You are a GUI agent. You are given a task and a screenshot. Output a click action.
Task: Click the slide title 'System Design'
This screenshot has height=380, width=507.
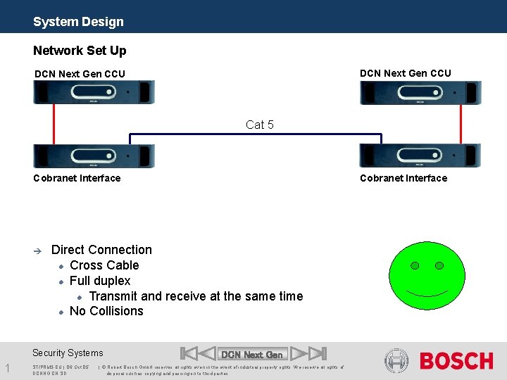tap(78, 22)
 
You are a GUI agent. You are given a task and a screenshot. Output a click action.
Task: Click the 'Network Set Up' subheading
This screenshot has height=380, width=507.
tap(80, 51)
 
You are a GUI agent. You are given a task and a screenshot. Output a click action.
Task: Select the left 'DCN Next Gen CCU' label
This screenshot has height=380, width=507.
tap(80, 74)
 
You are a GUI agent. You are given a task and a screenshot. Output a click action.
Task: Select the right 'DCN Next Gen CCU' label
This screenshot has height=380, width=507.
tap(405, 73)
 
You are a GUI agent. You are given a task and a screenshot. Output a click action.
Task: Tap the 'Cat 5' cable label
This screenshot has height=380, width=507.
tap(260, 125)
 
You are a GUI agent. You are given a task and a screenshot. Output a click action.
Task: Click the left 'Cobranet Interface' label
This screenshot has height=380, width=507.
tap(77, 178)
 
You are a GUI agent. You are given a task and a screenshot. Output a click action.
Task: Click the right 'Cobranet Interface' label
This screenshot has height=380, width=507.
tap(403, 178)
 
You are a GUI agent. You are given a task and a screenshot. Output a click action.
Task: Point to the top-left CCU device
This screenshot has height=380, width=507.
tap(94, 92)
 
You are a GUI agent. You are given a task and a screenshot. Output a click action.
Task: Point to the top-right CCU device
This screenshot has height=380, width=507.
tap(420, 92)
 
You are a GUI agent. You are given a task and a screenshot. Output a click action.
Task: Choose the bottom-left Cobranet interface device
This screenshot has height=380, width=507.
tap(94, 156)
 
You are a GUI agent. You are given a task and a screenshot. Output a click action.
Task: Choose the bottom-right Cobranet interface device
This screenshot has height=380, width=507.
tap(420, 156)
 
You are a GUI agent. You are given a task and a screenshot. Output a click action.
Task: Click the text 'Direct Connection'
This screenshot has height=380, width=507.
tap(101, 250)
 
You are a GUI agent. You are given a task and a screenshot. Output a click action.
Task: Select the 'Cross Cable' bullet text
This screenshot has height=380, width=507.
tap(104, 265)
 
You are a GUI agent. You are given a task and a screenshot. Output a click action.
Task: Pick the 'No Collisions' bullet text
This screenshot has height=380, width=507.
tap(106, 311)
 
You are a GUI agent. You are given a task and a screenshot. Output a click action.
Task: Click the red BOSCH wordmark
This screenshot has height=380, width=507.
tap(456, 361)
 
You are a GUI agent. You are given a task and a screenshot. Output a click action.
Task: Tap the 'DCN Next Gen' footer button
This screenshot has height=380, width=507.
tap(252, 354)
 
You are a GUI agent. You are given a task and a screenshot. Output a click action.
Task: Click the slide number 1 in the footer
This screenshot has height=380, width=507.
tap(6, 367)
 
